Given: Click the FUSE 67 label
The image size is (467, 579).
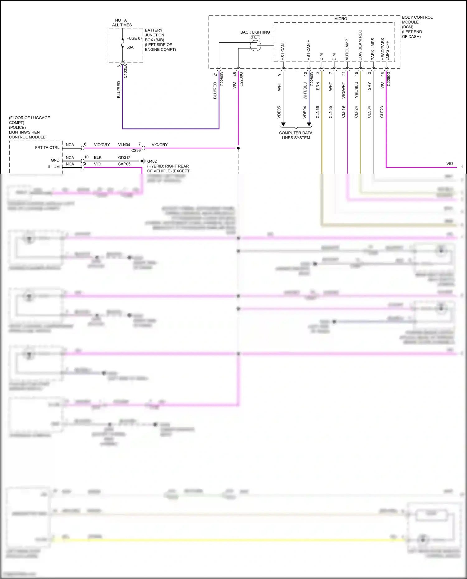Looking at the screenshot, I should [x=134, y=38].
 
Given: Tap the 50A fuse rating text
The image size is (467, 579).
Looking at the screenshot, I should [x=130, y=47].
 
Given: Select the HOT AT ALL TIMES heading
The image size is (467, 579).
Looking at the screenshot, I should [x=122, y=22].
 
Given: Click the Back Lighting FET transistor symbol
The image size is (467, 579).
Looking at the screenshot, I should [x=256, y=46].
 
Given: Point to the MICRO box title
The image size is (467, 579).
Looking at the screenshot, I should [x=341, y=19].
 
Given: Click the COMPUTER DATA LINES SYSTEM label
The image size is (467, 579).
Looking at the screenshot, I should [x=296, y=135].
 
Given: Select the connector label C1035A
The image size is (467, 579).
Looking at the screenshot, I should [x=125, y=71].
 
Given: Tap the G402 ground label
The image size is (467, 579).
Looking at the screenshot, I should [x=152, y=161].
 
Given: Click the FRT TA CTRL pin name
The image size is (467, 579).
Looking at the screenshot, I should [x=47, y=147].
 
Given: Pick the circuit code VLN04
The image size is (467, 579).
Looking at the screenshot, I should [x=124, y=145].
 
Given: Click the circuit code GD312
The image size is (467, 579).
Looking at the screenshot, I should [x=124, y=157].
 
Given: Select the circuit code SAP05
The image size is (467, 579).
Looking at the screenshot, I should [x=124, y=164].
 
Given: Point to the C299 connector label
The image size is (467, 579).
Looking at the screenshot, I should [x=136, y=151].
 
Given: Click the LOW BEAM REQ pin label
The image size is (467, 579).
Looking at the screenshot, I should [x=360, y=45].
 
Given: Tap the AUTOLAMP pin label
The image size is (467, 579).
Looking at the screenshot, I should [x=347, y=50].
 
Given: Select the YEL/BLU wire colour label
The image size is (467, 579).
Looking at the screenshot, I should [x=356, y=90].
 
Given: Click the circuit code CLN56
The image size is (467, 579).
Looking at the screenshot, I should [x=318, y=112].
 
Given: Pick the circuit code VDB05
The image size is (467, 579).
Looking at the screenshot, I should [x=279, y=112].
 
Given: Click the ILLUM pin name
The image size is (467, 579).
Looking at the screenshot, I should [x=54, y=167].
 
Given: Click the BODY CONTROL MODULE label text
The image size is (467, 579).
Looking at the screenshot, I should [x=417, y=20].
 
